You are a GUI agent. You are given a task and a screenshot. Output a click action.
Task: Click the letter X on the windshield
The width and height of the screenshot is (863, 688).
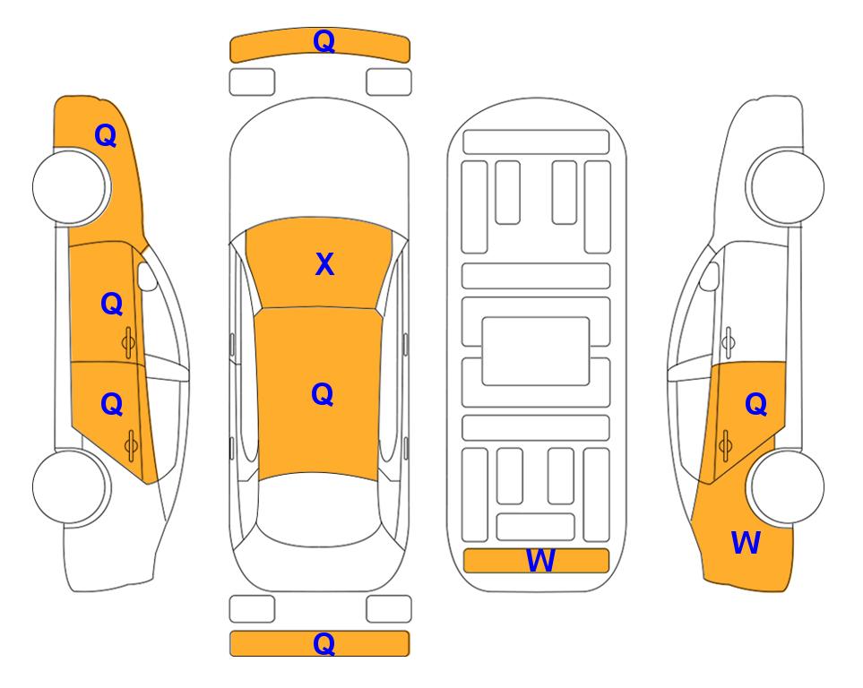[x=324, y=264]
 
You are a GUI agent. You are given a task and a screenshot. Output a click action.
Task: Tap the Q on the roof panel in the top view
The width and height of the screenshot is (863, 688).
[x=323, y=394]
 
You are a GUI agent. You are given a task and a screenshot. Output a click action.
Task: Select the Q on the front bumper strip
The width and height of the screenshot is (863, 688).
[x=324, y=41]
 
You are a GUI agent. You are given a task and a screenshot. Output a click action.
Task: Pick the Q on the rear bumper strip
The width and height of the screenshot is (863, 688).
[x=324, y=643]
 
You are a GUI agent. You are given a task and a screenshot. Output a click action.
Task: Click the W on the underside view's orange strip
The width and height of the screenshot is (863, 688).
[x=540, y=561]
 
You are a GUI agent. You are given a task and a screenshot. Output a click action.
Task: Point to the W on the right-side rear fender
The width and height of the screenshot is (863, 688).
[x=746, y=543]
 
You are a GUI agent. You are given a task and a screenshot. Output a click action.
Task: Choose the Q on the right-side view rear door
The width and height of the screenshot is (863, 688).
[x=755, y=405]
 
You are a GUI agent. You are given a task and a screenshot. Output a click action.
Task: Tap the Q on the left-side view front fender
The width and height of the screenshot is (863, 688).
[x=106, y=135]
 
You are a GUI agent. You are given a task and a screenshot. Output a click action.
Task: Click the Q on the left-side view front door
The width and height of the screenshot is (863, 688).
[x=112, y=304]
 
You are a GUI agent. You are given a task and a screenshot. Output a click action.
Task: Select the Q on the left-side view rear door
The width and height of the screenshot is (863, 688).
[x=112, y=405]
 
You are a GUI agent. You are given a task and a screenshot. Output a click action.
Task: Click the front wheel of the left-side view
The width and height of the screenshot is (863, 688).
[x=71, y=186]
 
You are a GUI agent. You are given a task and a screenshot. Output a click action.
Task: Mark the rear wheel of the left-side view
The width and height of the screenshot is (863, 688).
[x=71, y=486]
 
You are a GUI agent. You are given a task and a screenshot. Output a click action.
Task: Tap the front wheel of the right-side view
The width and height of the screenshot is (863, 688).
[x=786, y=186]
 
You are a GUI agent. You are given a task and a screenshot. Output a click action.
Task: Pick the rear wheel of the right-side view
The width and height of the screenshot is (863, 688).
[x=786, y=486]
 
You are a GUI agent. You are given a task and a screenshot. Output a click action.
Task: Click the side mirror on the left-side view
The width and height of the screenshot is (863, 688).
[x=146, y=276]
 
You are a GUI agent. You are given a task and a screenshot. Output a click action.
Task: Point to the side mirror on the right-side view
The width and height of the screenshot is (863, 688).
[x=709, y=276]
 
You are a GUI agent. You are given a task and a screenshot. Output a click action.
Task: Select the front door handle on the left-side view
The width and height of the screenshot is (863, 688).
[x=128, y=342]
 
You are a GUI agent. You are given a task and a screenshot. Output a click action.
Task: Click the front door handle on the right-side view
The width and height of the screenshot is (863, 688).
[x=729, y=342]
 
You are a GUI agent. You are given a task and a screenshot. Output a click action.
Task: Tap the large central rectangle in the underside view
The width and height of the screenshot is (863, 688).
[x=536, y=351]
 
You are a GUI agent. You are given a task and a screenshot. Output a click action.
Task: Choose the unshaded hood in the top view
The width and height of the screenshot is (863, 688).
[x=319, y=159]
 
